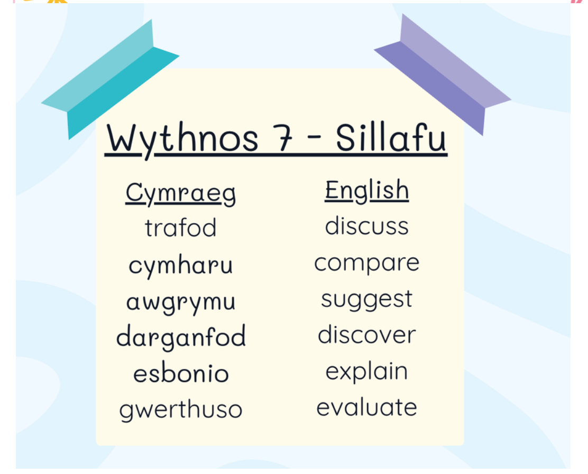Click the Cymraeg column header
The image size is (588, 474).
click(x=181, y=193)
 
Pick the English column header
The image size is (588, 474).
click(x=367, y=191)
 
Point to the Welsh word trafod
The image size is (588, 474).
click(x=181, y=227)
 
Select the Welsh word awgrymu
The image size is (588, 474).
click(x=181, y=302)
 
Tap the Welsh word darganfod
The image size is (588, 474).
click(x=181, y=336)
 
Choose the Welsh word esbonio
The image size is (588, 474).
click(x=181, y=373)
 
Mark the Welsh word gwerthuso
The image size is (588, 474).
click(x=181, y=410)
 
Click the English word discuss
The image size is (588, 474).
click(x=367, y=226)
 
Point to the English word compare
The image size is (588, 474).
click(x=367, y=264)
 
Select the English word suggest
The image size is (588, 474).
click(x=367, y=300)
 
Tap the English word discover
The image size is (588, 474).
click(x=367, y=334)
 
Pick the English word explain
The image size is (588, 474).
click(x=367, y=371)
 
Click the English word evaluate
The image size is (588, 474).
click(x=367, y=407)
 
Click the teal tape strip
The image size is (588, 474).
click(x=110, y=79)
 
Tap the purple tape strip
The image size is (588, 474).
click(x=443, y=75)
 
